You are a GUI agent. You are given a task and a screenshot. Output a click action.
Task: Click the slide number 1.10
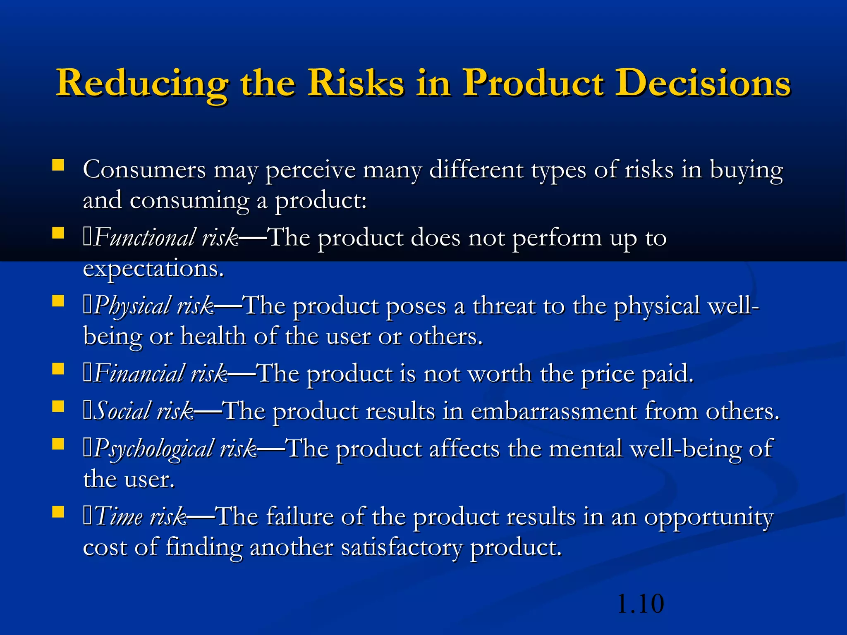pyautogui.click(x=640, y=604)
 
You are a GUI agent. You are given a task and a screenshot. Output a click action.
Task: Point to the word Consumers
pyautogui.click(x=144, y=169)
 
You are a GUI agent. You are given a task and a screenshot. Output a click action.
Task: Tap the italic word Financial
pyautogui.click(x=139, y=374)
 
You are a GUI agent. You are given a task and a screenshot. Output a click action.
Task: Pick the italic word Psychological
pyautogui.click(x=153, y=449)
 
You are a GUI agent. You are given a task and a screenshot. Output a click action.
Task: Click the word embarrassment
pyautogui.click(x=554, y=411)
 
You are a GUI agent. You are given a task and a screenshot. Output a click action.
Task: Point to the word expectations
pyautogui.click(x=153, y=269)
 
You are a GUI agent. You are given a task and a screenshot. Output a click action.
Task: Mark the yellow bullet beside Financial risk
pyautogui.click(x=58, y=368)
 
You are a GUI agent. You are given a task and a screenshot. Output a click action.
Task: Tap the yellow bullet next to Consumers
pyautogui.click(x=58, y=165)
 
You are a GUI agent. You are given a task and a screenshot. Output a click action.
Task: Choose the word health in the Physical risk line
pyautogui.click(x=213, y=337)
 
